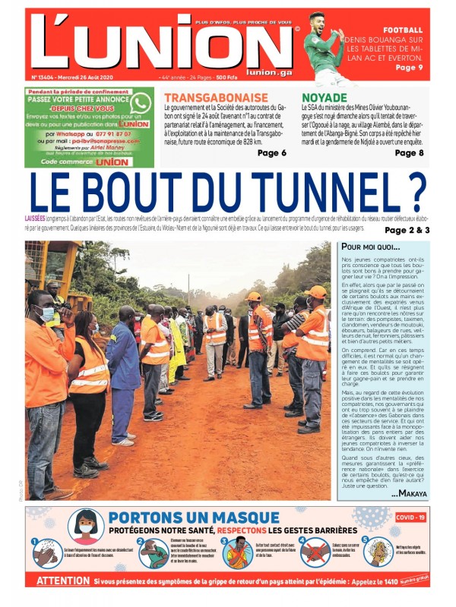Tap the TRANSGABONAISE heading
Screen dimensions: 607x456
[x=216, y=98]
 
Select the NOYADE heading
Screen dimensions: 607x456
[x=325, y=98]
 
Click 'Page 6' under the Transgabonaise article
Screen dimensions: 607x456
[x=271, y=153]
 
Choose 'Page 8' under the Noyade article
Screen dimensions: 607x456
[x=410, y=153]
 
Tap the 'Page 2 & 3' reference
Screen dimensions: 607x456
[x=407, y=230]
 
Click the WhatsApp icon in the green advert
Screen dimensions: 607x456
[x=140, y=102]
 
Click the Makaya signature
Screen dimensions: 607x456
[x=409, y=494]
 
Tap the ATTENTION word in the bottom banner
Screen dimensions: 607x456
[x=63, y=580]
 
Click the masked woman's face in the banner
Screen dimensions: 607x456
[x=86, y=524]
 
